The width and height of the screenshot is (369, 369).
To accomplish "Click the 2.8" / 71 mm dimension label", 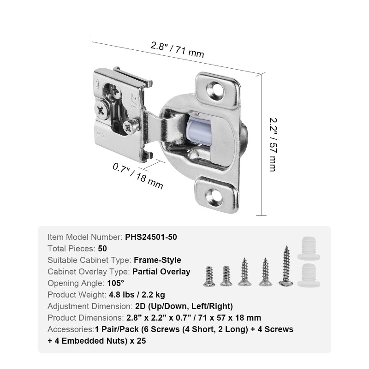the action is [177, 50].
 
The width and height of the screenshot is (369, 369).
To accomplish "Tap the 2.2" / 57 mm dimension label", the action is [273, 144].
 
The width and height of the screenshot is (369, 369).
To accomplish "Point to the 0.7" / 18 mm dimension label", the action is [137, 176].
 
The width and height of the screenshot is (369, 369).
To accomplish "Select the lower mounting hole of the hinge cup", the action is [214, 196].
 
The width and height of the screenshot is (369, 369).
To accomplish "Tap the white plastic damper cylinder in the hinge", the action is [197, 130].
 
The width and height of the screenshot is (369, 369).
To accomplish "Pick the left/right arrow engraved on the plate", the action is [101, 135].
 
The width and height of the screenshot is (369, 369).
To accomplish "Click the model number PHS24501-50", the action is [151, 237].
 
